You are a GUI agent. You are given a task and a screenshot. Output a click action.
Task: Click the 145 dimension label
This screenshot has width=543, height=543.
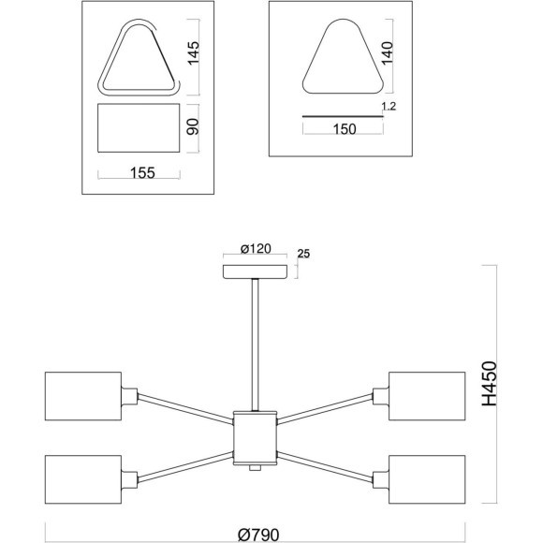click(193, 52)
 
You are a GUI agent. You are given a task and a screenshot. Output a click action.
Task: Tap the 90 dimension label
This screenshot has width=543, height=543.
click(193, 126)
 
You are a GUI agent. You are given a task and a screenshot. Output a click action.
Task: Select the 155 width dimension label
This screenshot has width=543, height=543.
click(142, 172)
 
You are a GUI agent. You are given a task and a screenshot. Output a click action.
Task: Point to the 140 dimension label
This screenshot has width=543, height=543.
click(388, 52)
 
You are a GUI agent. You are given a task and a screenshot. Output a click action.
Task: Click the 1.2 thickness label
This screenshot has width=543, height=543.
click(389, 106)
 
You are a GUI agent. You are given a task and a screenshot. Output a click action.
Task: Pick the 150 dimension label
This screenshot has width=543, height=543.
click(345, 129)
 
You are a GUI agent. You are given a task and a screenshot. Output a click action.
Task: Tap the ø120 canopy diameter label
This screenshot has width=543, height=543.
click(256, 248)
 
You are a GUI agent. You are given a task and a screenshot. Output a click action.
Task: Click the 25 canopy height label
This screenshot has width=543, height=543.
click(303, 254)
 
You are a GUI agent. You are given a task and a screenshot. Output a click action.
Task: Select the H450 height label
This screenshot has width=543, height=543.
click(490, 384)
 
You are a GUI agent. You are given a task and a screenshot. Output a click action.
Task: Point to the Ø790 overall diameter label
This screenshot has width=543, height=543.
click(258, 535)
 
